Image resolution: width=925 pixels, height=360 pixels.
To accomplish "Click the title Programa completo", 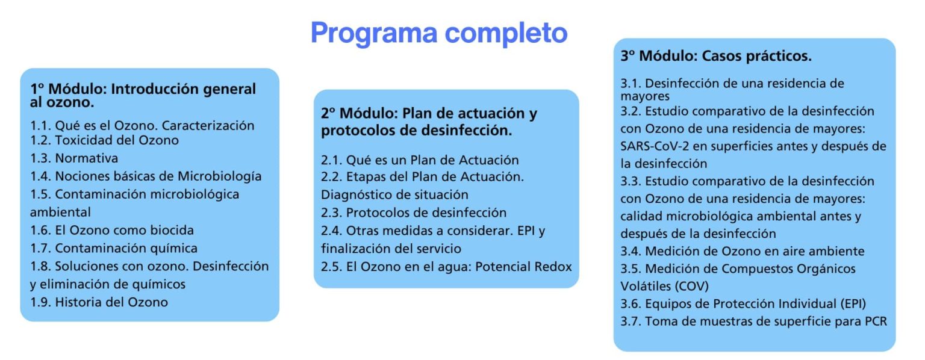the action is click(439, 33).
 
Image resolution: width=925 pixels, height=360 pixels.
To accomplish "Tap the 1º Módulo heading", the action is click(143, 95).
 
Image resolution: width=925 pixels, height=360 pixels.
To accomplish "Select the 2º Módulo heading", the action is click(429, 122).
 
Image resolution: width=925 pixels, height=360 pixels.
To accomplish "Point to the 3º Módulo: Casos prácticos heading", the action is click(716, 56).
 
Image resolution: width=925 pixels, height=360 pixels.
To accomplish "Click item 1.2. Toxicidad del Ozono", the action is click(104, 140).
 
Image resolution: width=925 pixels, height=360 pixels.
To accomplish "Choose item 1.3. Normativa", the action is click(74, 158).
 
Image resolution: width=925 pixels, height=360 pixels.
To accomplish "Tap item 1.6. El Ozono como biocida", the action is click(112, 230).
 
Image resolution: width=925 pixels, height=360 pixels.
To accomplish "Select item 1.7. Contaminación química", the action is click(114, 248).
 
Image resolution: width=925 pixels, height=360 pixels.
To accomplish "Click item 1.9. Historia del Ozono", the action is click(99, 302).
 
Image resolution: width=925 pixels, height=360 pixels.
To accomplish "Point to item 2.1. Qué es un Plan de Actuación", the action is click(420, 160).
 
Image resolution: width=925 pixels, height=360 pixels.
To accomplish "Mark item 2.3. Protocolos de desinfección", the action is click(414, 213).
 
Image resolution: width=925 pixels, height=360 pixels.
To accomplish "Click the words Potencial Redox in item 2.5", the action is click(523, 267).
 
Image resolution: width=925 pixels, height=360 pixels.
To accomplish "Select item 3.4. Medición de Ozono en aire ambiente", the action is click(743, 251).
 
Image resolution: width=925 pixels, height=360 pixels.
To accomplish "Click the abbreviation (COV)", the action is click(691, 286).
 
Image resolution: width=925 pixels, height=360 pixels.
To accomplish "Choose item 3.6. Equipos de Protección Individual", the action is click(743, 304).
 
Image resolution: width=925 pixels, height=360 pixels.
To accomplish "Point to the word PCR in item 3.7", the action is click(876, 321).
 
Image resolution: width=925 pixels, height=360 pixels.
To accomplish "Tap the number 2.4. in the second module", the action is click(331, 231).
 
